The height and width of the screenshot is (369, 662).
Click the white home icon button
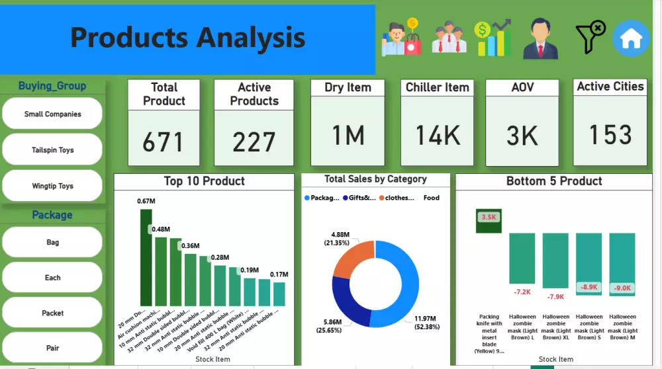631,38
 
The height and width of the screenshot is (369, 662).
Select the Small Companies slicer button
52,114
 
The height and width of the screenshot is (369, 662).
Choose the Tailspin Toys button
52,150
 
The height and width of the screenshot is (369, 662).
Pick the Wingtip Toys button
52,186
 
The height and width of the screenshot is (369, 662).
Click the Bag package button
52,242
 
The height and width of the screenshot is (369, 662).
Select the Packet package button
52,313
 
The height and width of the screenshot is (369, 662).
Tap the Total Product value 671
163,142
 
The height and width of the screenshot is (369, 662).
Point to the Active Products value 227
254,142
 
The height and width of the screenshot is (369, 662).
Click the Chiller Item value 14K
438,135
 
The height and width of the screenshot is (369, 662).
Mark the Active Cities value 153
610,135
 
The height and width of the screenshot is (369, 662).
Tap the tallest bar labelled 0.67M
146,257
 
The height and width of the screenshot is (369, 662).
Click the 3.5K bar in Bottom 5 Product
489,221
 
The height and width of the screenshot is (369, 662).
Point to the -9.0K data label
622,288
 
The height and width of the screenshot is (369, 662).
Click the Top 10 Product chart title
204,181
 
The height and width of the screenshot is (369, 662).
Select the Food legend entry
431,198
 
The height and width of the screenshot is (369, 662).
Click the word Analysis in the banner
251,38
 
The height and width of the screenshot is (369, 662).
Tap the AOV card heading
522,87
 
